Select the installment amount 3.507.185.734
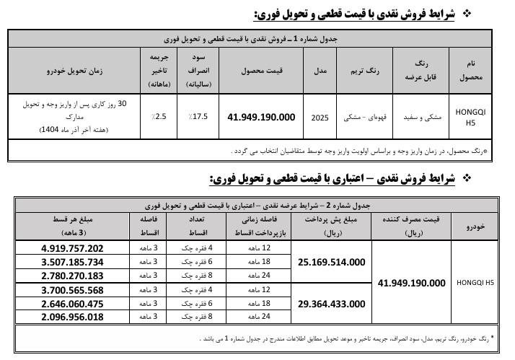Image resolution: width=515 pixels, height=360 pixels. [73, 262]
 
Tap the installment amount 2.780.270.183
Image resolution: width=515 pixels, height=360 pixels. [73, 276]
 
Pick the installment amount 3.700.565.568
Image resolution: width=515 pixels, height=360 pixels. [73, 289]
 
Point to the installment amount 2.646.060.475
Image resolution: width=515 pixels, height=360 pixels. [73, 303]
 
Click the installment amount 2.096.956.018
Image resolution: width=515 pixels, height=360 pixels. [73, 317]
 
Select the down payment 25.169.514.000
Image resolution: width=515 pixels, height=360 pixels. [331, 262]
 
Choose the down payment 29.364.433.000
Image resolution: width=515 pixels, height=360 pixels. [331, 303]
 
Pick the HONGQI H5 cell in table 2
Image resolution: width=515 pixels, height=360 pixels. [475, 283]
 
